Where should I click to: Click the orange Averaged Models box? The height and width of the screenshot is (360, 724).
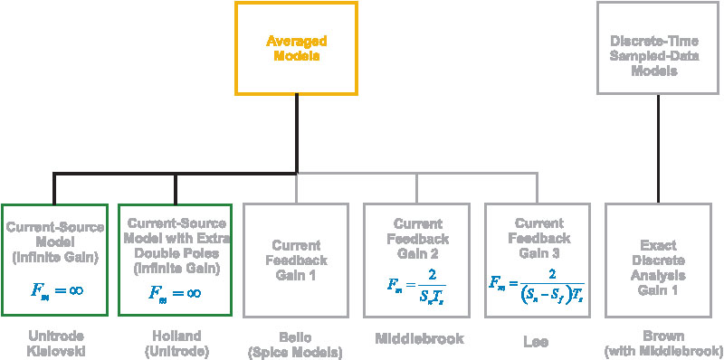(x=296, y=48)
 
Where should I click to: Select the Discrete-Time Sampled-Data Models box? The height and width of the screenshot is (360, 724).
(x=657, y=48)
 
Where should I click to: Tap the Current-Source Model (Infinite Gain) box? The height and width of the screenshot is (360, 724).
(x=55, y=260)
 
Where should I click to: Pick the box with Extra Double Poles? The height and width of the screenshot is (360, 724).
(x=176, y=260)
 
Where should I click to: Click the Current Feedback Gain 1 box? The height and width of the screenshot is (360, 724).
(x=296, y=260)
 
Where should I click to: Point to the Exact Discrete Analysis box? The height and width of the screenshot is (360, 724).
(x=657, y=260)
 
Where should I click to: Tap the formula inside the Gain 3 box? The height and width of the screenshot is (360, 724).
(x=538, y=289)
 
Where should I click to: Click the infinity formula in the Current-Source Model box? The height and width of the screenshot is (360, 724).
(x=55, y=292)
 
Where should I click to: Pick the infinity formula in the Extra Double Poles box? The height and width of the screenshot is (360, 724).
(x=176, y=292)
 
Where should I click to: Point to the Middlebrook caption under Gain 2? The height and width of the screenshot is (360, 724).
(x=417, y=338)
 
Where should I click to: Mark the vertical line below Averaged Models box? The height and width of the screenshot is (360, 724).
(x=296, y=131)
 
